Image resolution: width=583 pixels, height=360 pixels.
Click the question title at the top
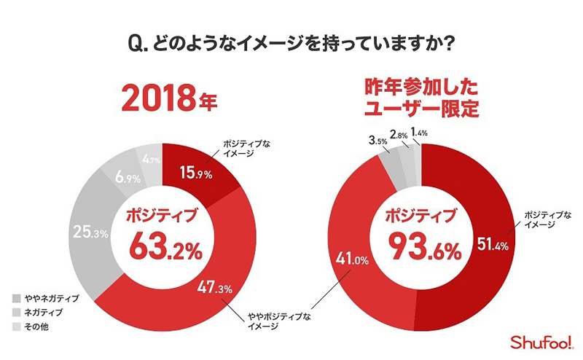(291, 44)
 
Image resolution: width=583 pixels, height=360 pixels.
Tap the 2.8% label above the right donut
(399, 135)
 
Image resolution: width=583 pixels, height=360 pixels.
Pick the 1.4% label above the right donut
(421, 132)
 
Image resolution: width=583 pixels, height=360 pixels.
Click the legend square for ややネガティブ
(17, 299)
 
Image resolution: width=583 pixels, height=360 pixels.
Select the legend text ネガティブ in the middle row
(45, 312)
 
